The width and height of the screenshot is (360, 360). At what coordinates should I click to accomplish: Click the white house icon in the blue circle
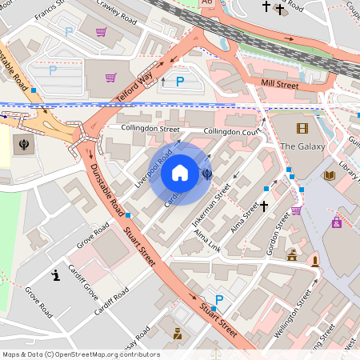[x=180, y=172]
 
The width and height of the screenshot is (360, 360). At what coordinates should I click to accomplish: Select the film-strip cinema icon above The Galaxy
[x=302, y=128]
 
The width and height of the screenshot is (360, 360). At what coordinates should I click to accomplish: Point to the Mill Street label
[x=280, y=82]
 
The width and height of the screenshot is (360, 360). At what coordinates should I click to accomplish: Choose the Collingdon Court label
[x=233, y=131]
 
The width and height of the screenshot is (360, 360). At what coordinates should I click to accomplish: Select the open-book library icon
[x=329, y=175]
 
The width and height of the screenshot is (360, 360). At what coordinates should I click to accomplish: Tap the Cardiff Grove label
[x=82, y=279]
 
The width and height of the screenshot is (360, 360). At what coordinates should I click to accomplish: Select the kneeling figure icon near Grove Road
[x=56, y=276]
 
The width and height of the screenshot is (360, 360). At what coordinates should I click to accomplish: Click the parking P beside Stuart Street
[x=219, y=299]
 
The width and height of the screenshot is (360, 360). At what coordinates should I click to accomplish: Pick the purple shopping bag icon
[x=337, y=222]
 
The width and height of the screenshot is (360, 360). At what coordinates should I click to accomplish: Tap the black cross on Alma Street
[x=263, y=206]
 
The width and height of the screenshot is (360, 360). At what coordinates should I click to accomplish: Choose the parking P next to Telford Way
[x=180, y=81]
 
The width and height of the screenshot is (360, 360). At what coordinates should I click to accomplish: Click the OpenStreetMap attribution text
[x=80, y=354]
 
